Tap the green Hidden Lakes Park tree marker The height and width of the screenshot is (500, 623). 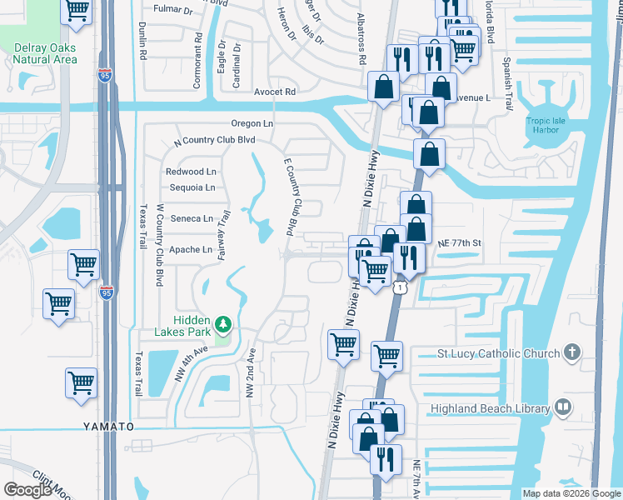pos(222,323)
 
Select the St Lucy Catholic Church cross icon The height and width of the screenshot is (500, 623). pos(571,353)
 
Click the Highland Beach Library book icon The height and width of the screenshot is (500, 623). pos(563,407)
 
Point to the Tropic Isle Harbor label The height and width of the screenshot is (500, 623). pos(551,125)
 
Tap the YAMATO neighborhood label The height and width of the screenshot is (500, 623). pos(108,426)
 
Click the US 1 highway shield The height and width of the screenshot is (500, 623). pos(401,287)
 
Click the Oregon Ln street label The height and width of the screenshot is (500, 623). pos(252,123)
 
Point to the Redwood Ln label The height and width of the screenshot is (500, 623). pos(185,172)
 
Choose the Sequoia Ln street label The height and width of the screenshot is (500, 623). pos(192,187)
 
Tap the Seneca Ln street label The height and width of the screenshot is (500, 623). pos(191,218)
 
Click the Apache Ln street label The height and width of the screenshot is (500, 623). pos(190,249)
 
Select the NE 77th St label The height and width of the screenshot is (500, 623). pos(460,242)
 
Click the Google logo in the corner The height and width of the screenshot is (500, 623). pos(27,490)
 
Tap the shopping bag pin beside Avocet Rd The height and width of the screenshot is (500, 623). pos(383,88)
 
